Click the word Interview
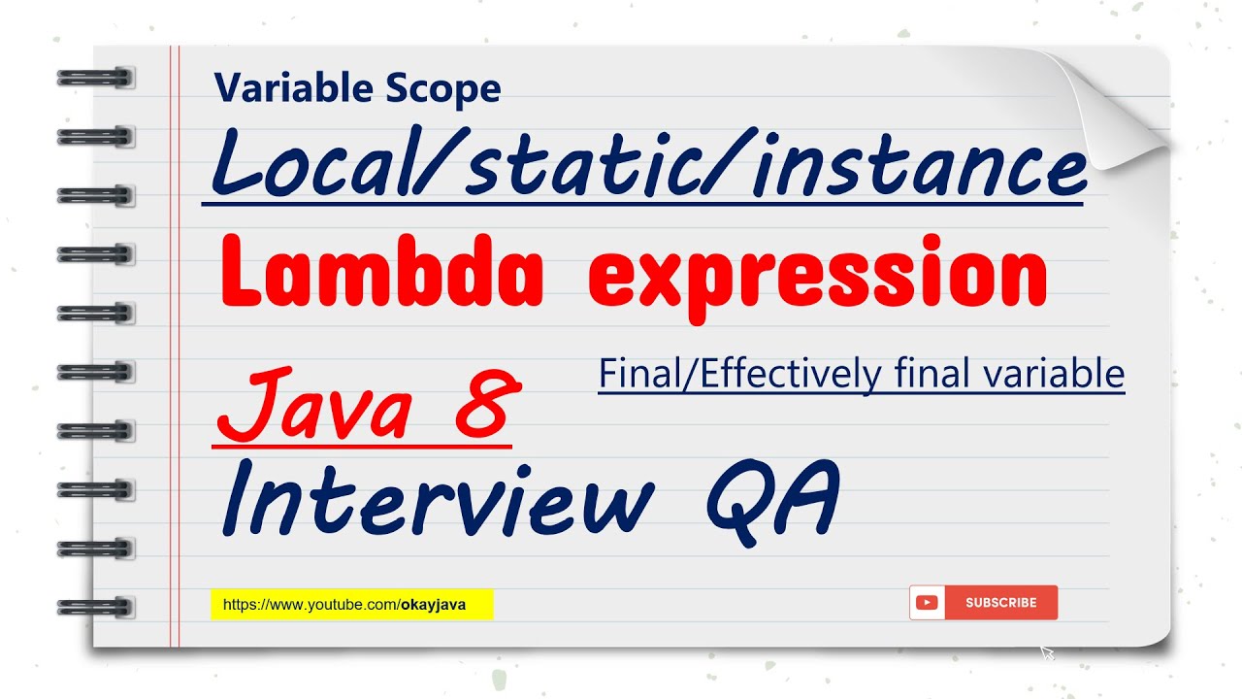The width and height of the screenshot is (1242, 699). point(437,500)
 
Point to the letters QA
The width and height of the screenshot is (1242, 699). point(771,500)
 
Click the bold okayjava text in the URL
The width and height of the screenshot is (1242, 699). point(433,605)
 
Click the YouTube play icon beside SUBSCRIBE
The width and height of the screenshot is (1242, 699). point(927,603)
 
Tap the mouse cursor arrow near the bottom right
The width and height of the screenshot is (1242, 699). point(1047,652)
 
